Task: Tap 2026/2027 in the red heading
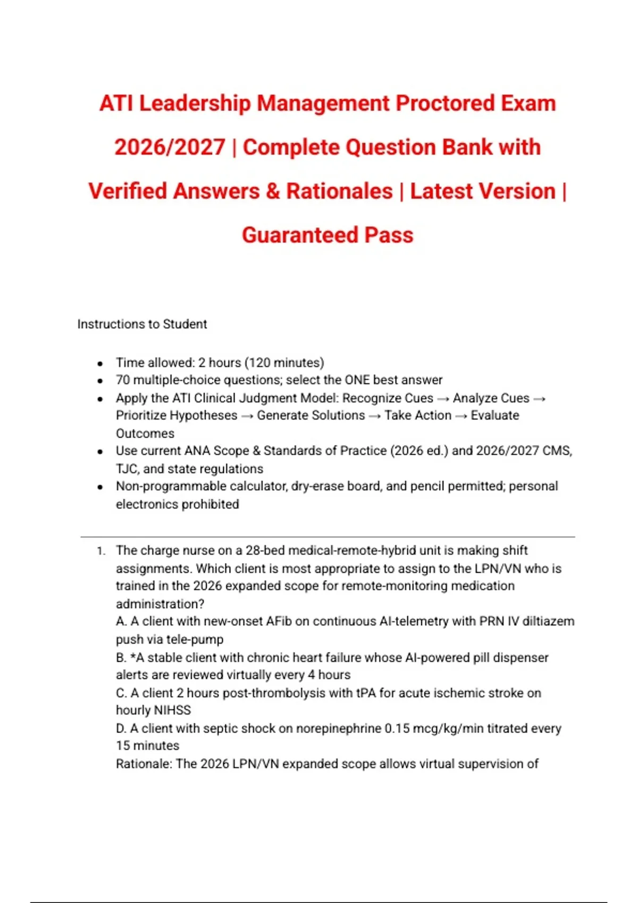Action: coord(170,147)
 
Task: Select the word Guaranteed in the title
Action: coord(299,235)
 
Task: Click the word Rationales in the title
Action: coord(339,191)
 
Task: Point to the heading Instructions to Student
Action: coord(142,324)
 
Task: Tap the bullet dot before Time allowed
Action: coord(100,364)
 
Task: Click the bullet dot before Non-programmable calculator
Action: coord(100,487)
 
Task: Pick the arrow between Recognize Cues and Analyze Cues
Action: coord(443,399)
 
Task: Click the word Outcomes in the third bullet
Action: coord(145,433)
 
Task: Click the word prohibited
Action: coord(208,504)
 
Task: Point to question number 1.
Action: coord(101,551)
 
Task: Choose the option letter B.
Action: coord(121,658)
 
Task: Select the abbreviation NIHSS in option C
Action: coord(172,710)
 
